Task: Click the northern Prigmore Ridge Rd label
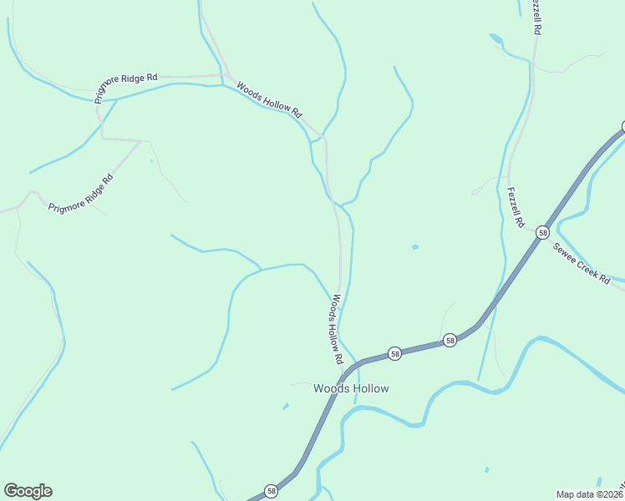(x=126, y=88)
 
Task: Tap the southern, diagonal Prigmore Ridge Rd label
(x=80, y=194)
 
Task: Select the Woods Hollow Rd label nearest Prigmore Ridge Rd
(x=268, y=98)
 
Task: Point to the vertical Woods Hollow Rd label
(x=337, y=329)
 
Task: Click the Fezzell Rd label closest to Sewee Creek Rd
(x=516, y=208)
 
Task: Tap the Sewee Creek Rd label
(x=581, y=264)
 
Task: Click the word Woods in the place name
(x=330, y=388)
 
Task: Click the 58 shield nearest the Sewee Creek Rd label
(x=543, y=232)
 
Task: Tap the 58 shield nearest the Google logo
(x=271, y=492)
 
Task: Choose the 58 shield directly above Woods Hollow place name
(x=395, y=354)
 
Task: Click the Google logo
(x=28, y=491)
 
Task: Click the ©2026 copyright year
(x=611, y=493)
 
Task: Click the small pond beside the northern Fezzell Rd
(x=496, y=38)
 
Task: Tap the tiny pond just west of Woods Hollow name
(x=286, y=407)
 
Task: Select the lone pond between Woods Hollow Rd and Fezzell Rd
(x=415, y=247)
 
